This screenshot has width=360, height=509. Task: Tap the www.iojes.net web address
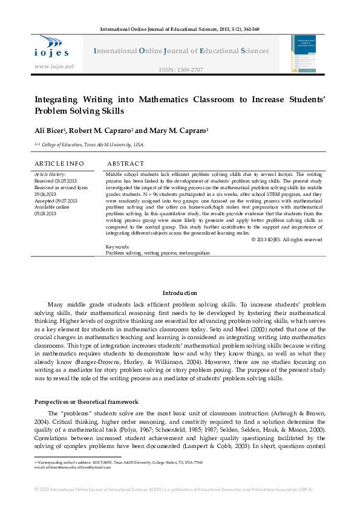point(54,66)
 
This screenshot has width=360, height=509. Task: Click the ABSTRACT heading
point(125,163)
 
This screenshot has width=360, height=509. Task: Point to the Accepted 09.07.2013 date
point(56,200)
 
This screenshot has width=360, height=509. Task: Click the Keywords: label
point(117,247)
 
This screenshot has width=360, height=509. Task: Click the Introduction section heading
point(180,293)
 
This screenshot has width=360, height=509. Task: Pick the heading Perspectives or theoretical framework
point(87,402)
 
